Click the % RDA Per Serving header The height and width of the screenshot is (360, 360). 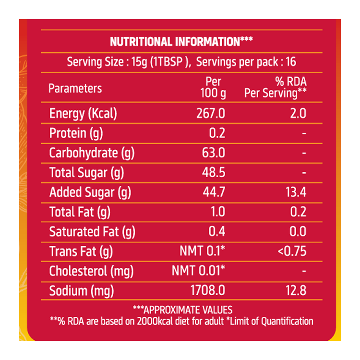tap(275, 88)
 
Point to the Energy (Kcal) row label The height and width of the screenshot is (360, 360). tap(83, 114)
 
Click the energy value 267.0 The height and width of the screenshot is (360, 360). tap(211, 114)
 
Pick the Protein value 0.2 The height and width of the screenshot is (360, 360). tap(217, 133)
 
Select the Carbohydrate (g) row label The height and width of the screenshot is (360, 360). tap(92, 153)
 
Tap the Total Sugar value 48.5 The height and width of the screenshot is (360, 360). tap(214, 173)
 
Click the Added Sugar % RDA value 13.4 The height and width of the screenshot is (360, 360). tap(295, 192)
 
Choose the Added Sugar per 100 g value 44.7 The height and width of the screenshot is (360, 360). tap(214, 192)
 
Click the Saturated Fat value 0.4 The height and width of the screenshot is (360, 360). tap(217, 232)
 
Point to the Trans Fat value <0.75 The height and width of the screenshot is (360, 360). tap(292, 251)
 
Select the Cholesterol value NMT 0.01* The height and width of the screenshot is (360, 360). tap(199, 271)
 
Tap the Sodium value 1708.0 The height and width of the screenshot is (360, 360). tap(208, 290)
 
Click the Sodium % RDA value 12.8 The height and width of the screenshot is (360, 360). tap(295, 290)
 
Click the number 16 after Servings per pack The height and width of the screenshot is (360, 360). tap(290, 62)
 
